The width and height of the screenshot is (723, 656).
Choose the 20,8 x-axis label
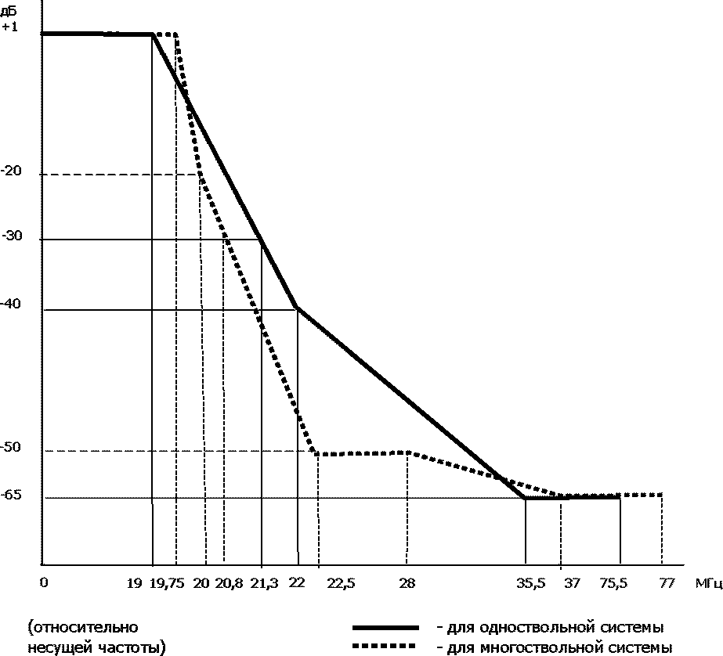[229, 583]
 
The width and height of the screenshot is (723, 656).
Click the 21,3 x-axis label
[262, 583]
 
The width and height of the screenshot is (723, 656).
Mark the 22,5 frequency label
[341, 583]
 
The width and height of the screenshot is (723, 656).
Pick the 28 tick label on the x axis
[406, 583]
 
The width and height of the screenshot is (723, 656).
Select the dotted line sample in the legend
[385, 647]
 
